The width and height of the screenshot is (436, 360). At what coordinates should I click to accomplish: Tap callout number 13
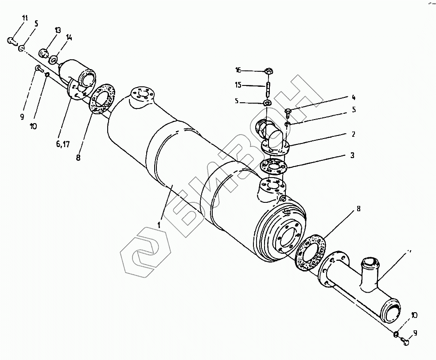coord(58,30)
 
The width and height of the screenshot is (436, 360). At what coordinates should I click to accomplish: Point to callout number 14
coord(69,38)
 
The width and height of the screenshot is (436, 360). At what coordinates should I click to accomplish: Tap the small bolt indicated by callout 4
coord(288,111)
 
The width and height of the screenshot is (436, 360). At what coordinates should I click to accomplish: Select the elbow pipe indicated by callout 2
coord(271,135)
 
